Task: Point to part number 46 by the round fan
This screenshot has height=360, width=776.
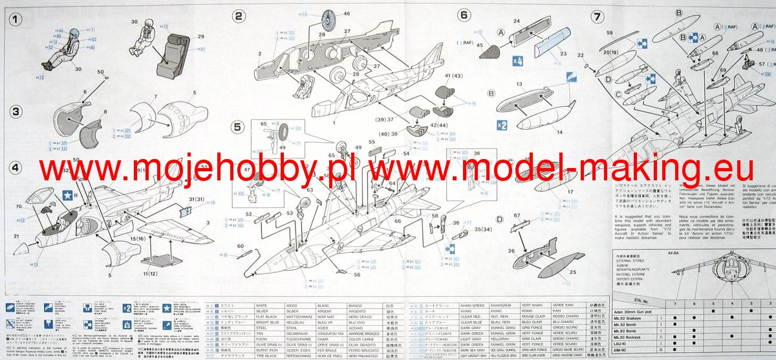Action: click(x=347, y=14)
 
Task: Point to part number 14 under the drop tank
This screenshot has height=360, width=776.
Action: click(x=559, y=131)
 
